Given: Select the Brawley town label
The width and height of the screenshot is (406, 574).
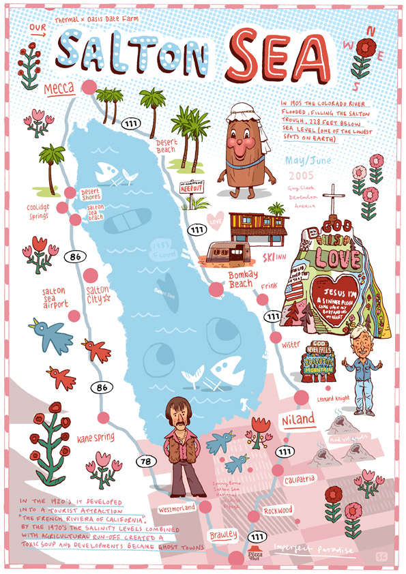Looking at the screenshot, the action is tap(224, 534).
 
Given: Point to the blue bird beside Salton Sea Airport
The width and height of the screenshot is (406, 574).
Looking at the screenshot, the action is tap(52, 333).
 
